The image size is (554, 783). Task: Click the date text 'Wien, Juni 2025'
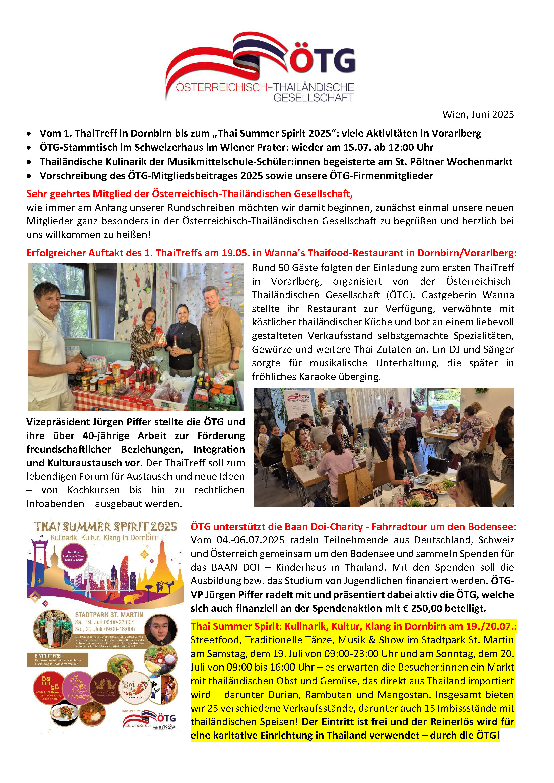478,114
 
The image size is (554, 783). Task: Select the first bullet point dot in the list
30,134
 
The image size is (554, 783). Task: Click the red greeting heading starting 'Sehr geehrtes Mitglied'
189,194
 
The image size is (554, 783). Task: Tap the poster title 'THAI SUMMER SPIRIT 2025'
106,527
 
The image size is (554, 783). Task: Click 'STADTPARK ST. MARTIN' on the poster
109,615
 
